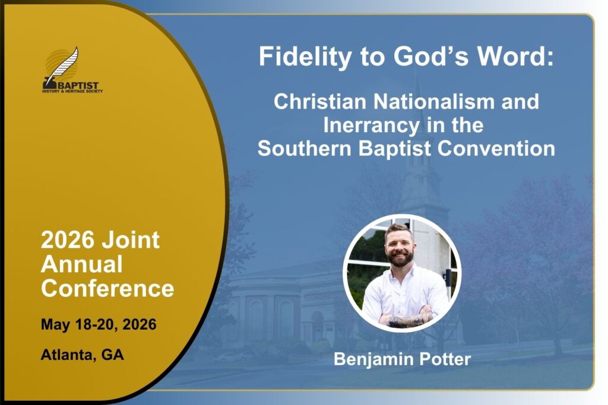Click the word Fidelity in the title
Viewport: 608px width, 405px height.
[305, 57]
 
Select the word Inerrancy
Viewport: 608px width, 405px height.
[372, 126]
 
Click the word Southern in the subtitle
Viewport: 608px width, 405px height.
[305, 149]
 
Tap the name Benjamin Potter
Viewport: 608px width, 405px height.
[402, 359]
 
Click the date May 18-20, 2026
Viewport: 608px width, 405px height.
[99, 324]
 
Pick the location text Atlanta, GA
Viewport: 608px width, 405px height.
[82, 355]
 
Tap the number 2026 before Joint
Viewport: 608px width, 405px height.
[68, 240]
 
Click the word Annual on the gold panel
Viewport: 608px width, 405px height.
[82, 264]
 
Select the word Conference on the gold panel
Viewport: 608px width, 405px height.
[107, 288]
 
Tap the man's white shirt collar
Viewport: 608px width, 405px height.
[401, 272]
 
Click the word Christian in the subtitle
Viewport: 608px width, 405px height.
[320, 101]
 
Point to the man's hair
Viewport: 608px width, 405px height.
[398, 229]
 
